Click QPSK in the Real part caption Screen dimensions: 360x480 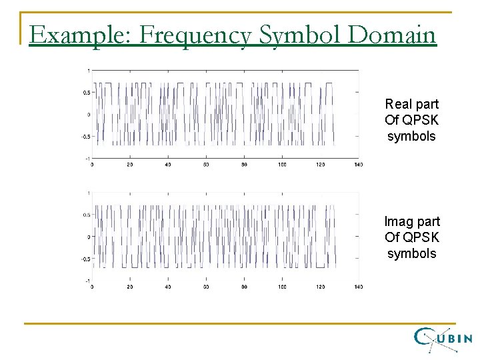click(x=418, y=120)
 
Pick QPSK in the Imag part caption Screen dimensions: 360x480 click(x=418, y=237)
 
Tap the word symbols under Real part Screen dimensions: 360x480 click(x=411, y=136)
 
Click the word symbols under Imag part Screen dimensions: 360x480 click(x=411, y=253)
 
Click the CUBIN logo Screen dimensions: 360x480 click(x=443, y=339)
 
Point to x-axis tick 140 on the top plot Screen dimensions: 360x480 click(x=358, y=164)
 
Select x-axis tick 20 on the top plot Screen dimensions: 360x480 click(x=130, y=164)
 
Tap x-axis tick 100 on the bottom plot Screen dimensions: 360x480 click(x=282, y=287)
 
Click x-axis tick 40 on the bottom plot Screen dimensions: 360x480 click(x=168, y=287)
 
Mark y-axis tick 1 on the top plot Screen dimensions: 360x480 click(x=89, y=70)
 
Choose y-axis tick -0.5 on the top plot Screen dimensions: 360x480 click(x=86, y=137)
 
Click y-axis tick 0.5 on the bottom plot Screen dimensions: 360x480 click(x=87, y=215)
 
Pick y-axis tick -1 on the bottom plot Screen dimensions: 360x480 click(x=87, y=281)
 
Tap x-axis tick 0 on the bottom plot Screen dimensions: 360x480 click(x=92, y=287)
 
